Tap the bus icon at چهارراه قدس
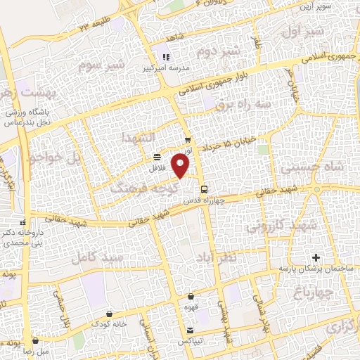click(x=205, y=189)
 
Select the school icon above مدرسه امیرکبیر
click(x=167, y=57)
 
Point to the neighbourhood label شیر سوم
click(x=101, y=65)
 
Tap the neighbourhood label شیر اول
click(x=303, y=32)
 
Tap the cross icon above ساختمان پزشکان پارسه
click(x=316, y=258)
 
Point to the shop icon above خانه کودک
click(x=109, y=314)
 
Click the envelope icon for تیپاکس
click(x=190, y=330)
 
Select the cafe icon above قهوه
click(x=191, y=297)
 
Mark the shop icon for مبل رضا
click(x=35, y=340)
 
